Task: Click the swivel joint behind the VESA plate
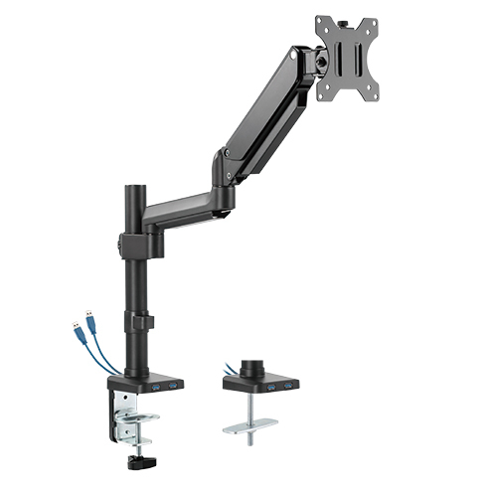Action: (x=322, y=57)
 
